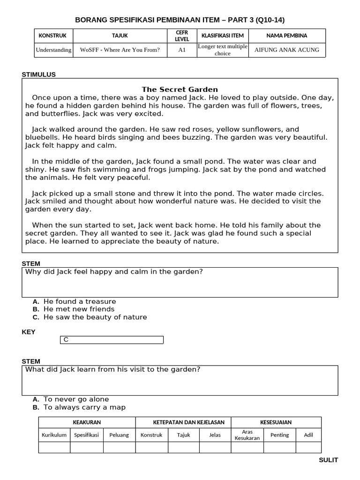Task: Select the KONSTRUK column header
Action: (x=52, y=36)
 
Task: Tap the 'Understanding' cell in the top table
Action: (x=53, y=50)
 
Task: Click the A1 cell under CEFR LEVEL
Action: (x=182, y=50)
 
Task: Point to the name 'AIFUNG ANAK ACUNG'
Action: (x=286, y=50)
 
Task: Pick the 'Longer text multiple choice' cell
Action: (x=222, y=50)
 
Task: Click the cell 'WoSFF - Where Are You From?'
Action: (x=120, y=50)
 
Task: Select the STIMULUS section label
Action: (x=39, y=74)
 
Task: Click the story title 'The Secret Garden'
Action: (x=180, y=90)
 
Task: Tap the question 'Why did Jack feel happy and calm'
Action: (x=114, y=271)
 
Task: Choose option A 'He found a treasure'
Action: (x=79, y=301)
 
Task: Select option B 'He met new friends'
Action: (x=79, y=309)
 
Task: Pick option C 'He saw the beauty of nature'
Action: (x=95, y=317)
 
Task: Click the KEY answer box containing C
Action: (x=112, y=340)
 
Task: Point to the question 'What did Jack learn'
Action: (x=112, y=369)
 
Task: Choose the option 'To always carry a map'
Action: (x=84, y=407)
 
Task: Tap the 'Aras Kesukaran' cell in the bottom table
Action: (x=247, y=435)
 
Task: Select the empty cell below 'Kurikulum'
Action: (x=54, y=448)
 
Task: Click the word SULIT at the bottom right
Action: (x=328, y=460)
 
